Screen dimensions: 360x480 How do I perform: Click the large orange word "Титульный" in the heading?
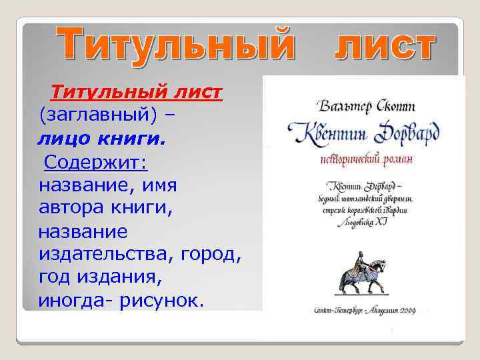click(174, 45)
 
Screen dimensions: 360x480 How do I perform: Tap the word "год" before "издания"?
click(56, 277)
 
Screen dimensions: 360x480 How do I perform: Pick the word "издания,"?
click(127, 277)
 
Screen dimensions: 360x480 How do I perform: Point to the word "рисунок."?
click(160, 301)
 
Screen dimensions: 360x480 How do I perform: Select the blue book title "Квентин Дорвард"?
click(362, 134)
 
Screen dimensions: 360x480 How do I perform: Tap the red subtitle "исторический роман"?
click(362, 160)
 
